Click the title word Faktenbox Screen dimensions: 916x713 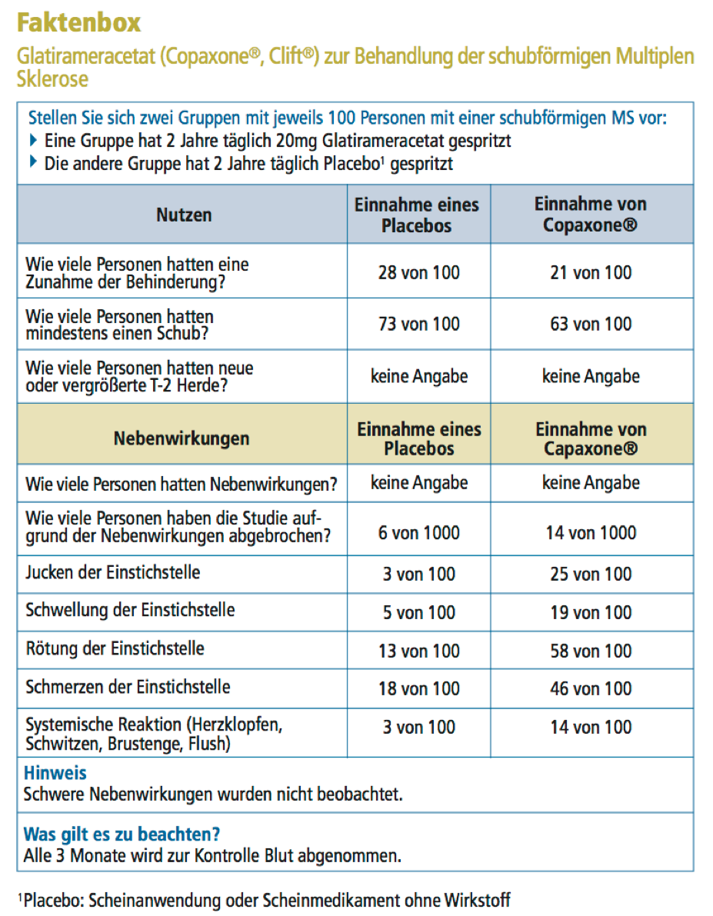(78, 23)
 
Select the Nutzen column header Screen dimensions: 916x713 (184, 215)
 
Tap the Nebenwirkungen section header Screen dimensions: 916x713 (182, 438)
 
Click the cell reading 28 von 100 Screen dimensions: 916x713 (418, 272)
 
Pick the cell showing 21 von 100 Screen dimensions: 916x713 (591, 272)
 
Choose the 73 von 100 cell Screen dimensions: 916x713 (418, 324)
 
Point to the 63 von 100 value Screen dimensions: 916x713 (591, 324)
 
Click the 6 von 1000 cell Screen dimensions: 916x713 (418, 532)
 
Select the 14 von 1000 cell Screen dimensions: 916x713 (591, 532)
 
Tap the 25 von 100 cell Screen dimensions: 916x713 (591, 574)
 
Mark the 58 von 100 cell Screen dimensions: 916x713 (591, 651)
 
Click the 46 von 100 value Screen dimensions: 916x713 (591, 688)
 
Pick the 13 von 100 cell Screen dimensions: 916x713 (418, 651)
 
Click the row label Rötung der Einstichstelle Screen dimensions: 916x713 (115, 648)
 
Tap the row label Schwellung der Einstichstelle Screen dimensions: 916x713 (130, 611)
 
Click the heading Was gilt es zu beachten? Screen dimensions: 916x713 (122, 834)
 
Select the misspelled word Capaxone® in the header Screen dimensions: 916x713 (590, 448)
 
